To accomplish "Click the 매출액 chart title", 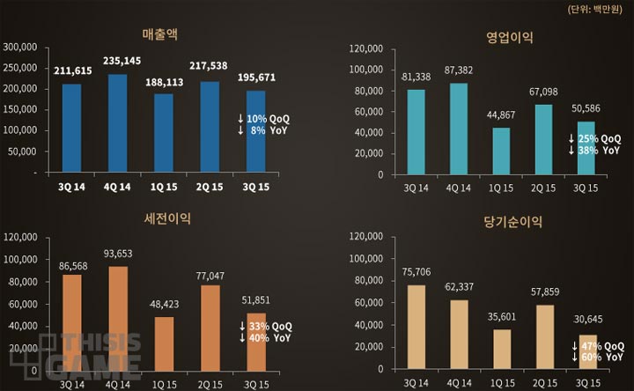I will [160, 37].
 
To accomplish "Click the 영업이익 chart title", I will [510, 37].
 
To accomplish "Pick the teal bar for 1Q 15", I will [501, 151].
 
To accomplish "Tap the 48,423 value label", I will [165, 303].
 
